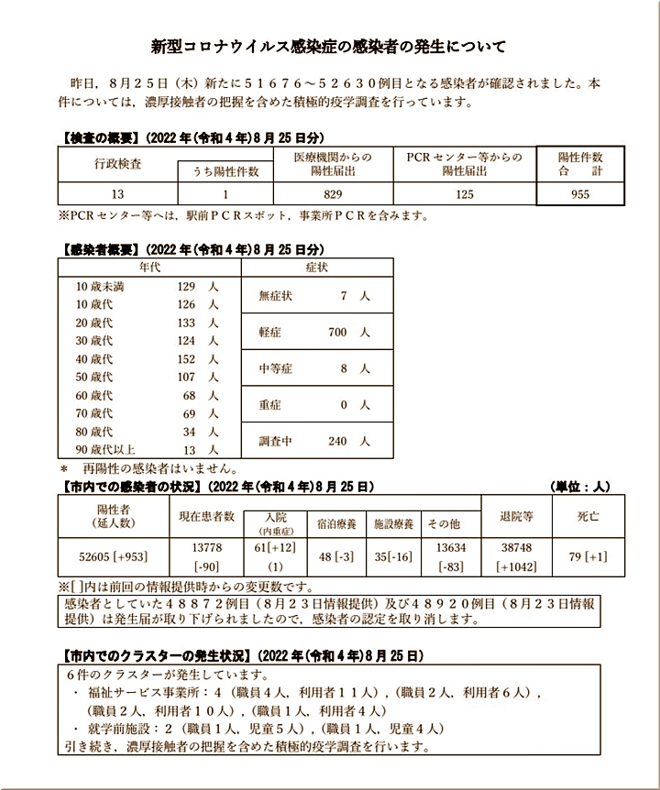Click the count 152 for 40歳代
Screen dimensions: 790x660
(187, 358)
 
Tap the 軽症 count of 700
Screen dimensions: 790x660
(337, 333)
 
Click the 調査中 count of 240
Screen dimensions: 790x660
(337, 441)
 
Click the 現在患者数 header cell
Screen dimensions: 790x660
(207, 516)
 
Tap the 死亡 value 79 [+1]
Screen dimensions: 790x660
(587, 555)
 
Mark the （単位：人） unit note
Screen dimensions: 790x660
(579, 486)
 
